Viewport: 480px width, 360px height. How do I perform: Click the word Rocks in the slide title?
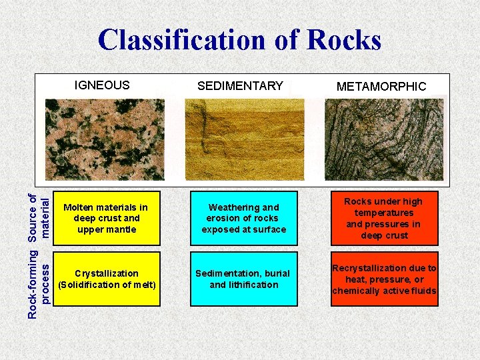(344, 39)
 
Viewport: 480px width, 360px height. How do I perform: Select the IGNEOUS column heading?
(102, 85)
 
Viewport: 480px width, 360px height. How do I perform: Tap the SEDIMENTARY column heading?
(240, 86)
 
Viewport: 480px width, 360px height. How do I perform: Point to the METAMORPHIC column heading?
(381, 87)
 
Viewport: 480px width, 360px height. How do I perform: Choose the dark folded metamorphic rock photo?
(383, 140)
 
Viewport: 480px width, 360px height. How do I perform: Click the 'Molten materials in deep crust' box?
(106, 218)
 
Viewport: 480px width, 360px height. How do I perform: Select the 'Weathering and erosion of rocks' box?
(243, 218)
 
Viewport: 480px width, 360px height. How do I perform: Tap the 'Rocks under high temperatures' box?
(383, 218)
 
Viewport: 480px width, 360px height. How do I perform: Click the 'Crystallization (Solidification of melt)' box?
(107, 279)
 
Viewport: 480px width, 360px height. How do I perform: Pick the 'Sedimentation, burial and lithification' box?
(243, 279)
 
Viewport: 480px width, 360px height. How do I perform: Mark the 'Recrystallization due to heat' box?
(384, 279)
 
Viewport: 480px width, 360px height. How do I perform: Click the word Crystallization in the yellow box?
(107, 273)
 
